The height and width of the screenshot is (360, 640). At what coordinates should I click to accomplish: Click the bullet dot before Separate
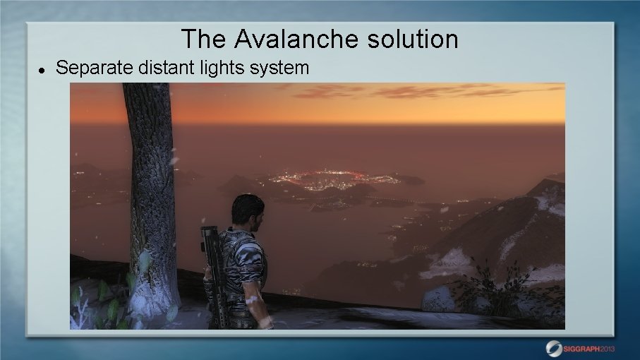click(42, 70)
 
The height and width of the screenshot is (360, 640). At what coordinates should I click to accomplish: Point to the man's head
click(248, 210)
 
